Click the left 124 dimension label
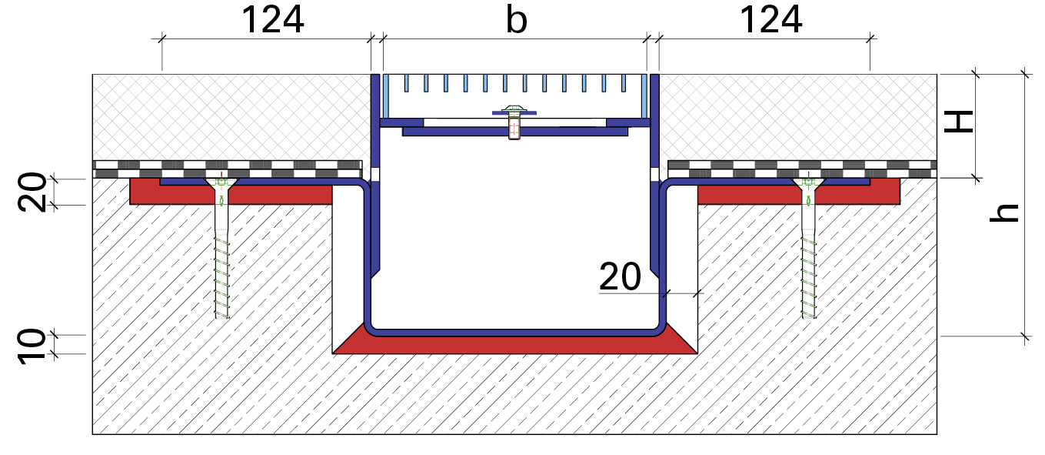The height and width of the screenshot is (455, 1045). [x=273, y=20]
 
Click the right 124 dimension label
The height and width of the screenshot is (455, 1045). [x=771, y=20]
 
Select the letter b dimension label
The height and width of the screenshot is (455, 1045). [x=517, y=20]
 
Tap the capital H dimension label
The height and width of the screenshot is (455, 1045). [x=958, y=122]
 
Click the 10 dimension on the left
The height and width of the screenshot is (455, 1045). [x=32, y=345]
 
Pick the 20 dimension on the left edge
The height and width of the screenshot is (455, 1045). [x=32, y=192]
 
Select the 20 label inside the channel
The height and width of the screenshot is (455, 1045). [x=620, y=276]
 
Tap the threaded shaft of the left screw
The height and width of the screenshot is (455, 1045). [x=222, y=277]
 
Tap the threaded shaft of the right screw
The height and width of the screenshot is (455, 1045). [x=809, y=277]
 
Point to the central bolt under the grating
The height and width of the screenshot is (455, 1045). [x=514, y=123]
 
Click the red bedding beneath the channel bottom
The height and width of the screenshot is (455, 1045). [x=514, y=345]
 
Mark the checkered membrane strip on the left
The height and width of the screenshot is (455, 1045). [x=227, y=169]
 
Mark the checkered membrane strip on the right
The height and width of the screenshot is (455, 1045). [x=803, y=169]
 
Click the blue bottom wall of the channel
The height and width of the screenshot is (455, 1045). [x=514, y=332]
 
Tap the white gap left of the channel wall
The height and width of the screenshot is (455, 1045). [x=348, y=266]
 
